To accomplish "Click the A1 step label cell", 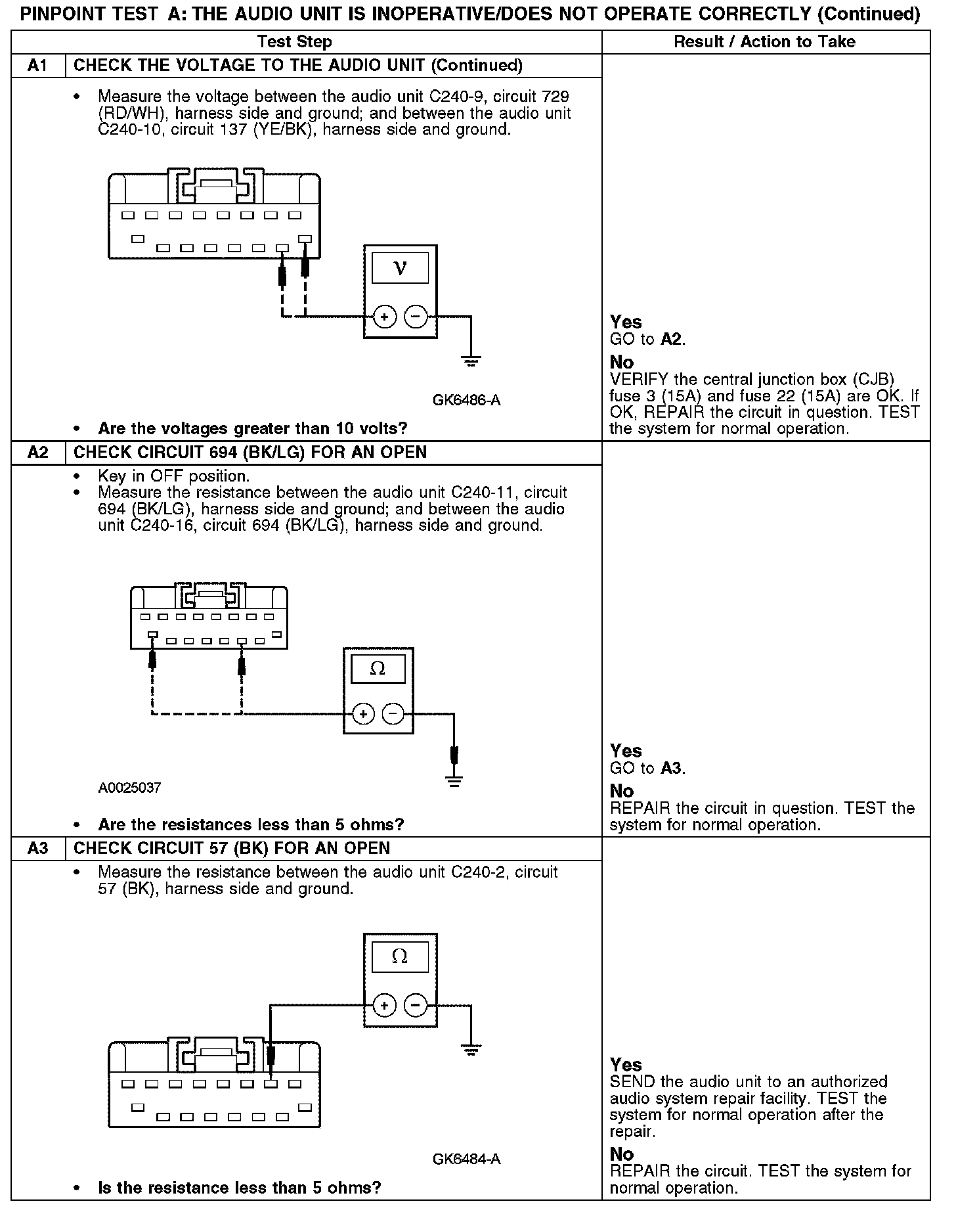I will point(38,66).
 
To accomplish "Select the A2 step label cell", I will point(38,453).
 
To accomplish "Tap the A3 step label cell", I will point(38,848).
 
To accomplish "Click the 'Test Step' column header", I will point(295,42).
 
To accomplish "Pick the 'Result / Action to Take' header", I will point(764,42).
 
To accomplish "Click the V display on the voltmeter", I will point(400,268).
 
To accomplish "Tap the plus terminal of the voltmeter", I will point(384,317).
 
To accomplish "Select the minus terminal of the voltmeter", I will point(415,317).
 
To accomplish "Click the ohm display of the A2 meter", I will point(378,669).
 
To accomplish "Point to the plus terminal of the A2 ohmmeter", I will point(363,713).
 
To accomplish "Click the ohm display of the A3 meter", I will point(400,956).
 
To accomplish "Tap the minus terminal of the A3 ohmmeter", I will point(415,1005).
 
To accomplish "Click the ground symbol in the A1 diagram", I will point(471,361).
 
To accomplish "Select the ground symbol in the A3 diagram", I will point(471,1049).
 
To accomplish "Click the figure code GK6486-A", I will point(466,400).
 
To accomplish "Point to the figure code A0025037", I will point(129,788).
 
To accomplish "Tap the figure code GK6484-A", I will point(466,1159).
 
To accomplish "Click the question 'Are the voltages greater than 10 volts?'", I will point(253,429).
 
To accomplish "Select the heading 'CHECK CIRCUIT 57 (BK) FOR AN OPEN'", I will point(232,848).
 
